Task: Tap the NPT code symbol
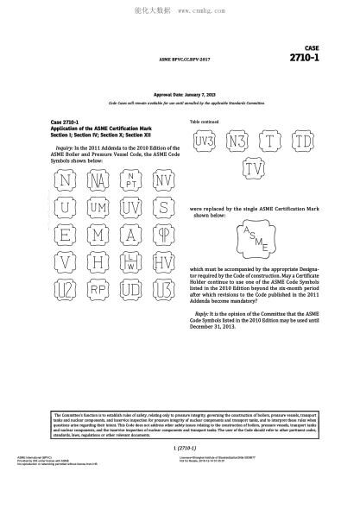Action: point(131,180)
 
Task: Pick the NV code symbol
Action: point(162,180)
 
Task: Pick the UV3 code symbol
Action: point(205,140)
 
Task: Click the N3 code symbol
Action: point(238,140)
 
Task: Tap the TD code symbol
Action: point(302,140)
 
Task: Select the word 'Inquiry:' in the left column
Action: point(66,148)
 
